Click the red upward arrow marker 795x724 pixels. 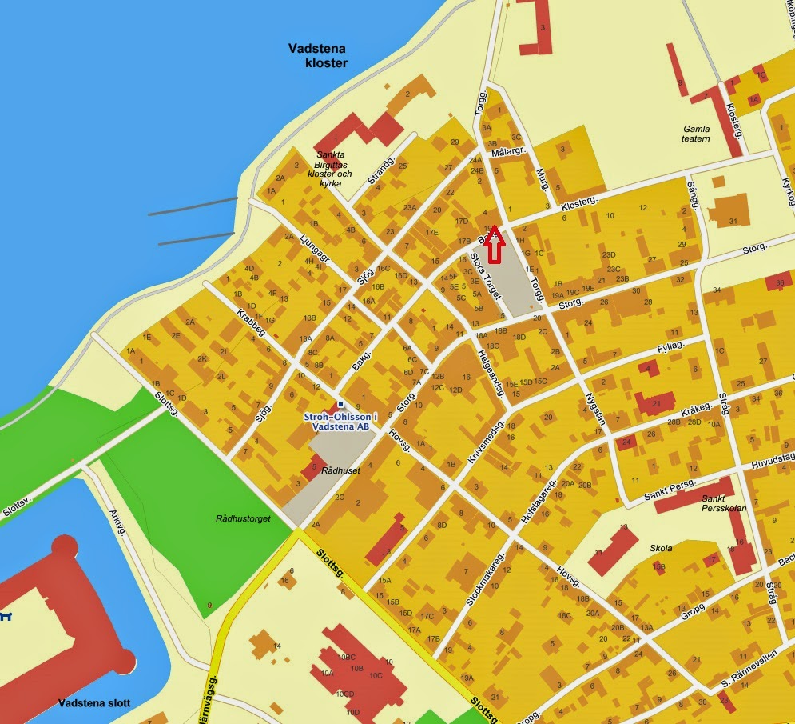[x=495, y=244]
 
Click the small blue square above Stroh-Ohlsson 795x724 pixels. [x=341, y=405]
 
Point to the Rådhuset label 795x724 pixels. [x=340, y=470]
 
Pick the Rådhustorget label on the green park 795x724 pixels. [x=243, y=518]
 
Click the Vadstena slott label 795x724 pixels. [x=94, y=703]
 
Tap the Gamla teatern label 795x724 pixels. [x=696, y=133]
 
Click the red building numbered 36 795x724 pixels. [x=779, y=282]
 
